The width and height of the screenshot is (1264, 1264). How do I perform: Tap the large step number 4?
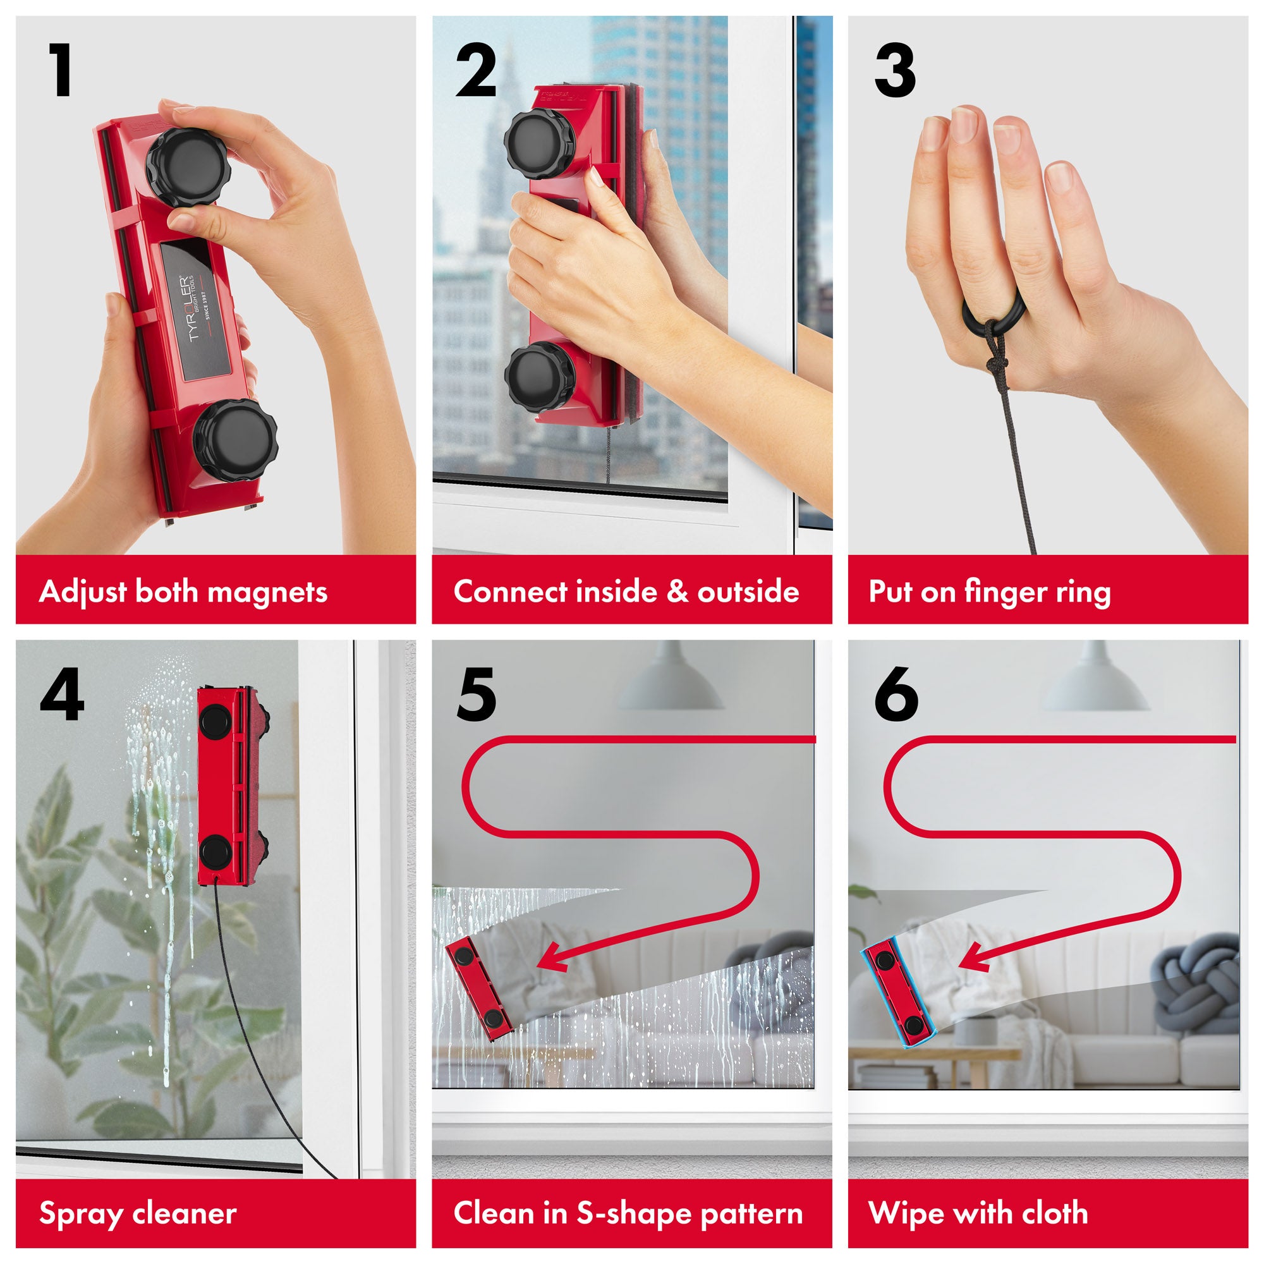[x=62, y=694]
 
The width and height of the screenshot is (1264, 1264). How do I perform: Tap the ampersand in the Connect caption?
[x=676, y=592]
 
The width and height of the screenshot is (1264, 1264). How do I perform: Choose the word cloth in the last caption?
[x=1055, y=1213]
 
